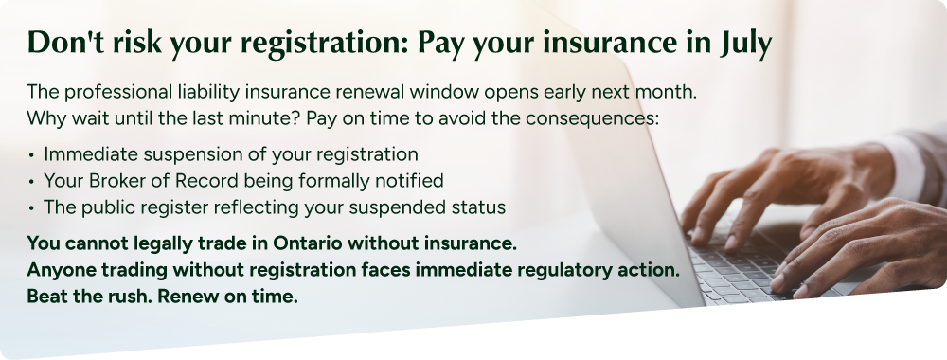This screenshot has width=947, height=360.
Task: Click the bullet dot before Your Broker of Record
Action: [x=31, y=182]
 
